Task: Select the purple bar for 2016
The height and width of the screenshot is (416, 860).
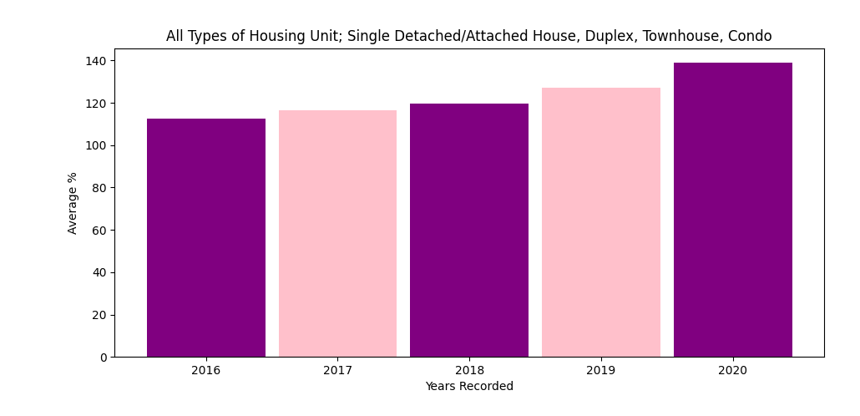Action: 206,237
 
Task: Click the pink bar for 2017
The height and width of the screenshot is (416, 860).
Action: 338,234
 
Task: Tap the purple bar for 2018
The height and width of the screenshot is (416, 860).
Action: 469,231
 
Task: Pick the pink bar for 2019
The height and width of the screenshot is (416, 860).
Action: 601,222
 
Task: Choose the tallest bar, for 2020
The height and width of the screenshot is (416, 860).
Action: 733,211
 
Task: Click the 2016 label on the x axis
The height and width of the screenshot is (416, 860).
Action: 206,370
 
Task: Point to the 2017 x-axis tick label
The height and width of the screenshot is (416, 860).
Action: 338,370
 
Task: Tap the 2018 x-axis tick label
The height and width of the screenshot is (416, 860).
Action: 469,370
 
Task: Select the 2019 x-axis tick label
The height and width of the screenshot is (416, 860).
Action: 601,370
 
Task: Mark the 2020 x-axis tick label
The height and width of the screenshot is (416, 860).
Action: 733,370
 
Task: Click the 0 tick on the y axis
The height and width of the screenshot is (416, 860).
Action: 104,358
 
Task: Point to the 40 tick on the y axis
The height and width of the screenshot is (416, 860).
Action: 100,273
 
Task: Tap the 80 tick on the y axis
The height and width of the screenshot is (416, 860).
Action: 100,188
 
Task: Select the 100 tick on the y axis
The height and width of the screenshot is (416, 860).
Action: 97,145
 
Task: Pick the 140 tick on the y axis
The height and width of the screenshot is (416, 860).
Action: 97,60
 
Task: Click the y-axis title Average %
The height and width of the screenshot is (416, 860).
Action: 73,203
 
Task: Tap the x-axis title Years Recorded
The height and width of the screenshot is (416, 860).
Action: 469,387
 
